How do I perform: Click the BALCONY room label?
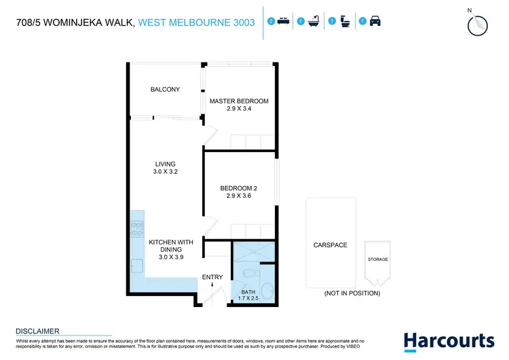point(165,89)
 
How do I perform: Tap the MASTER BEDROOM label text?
point(239,101)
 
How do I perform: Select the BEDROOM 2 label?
point(238,188)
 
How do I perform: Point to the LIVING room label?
point(165,164)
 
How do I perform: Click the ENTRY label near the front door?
point(212,277)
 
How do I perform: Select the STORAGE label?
point(378,259)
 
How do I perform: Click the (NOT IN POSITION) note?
point(352,293)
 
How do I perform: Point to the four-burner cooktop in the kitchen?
point(138,229)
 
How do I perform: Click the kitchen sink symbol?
point(137,266)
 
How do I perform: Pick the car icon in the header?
point(375,22)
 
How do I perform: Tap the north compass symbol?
point(478,24)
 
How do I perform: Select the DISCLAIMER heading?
point(37,331)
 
